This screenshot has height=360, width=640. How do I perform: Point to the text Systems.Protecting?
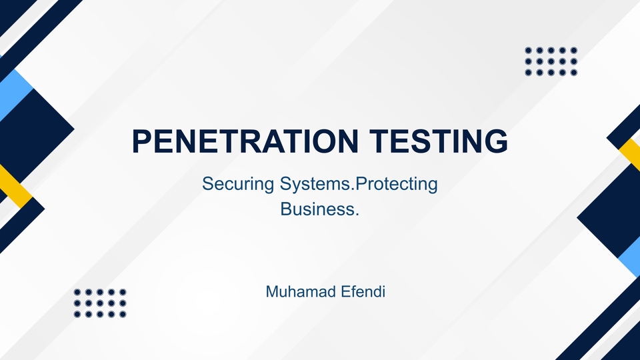coord(354,183)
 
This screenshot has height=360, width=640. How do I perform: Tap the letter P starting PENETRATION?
coord(142,142)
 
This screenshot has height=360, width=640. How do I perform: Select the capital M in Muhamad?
coord(272,291)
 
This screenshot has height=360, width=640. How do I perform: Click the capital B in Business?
coord(286,209)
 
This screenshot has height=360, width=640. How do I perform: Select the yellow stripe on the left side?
coord(13,183)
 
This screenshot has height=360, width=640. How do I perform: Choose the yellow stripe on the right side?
coord(631,154)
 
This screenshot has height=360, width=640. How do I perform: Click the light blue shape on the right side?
coord(629,256)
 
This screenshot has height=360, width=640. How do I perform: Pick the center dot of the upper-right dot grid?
coord(551,61)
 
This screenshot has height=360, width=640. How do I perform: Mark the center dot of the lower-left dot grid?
coord(100,303)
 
